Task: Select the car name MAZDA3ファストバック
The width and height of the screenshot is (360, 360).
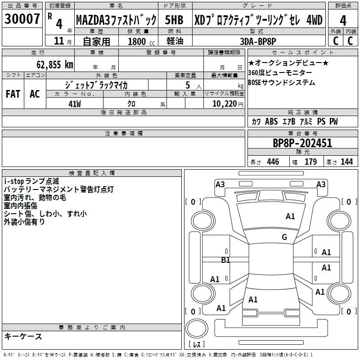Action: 116,20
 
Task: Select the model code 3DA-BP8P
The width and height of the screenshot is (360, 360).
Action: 258,41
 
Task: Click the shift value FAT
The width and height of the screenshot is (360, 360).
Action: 13,94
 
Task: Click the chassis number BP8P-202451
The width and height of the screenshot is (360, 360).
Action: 302,144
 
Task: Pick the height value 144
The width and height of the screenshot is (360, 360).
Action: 346,162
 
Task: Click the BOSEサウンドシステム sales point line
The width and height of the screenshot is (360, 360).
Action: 281,83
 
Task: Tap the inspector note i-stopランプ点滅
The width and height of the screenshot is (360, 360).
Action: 31,181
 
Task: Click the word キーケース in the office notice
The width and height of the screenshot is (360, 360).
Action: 23,336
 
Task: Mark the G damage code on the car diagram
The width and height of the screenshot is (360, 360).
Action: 284,237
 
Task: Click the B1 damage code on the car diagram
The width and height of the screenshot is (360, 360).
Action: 225,260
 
